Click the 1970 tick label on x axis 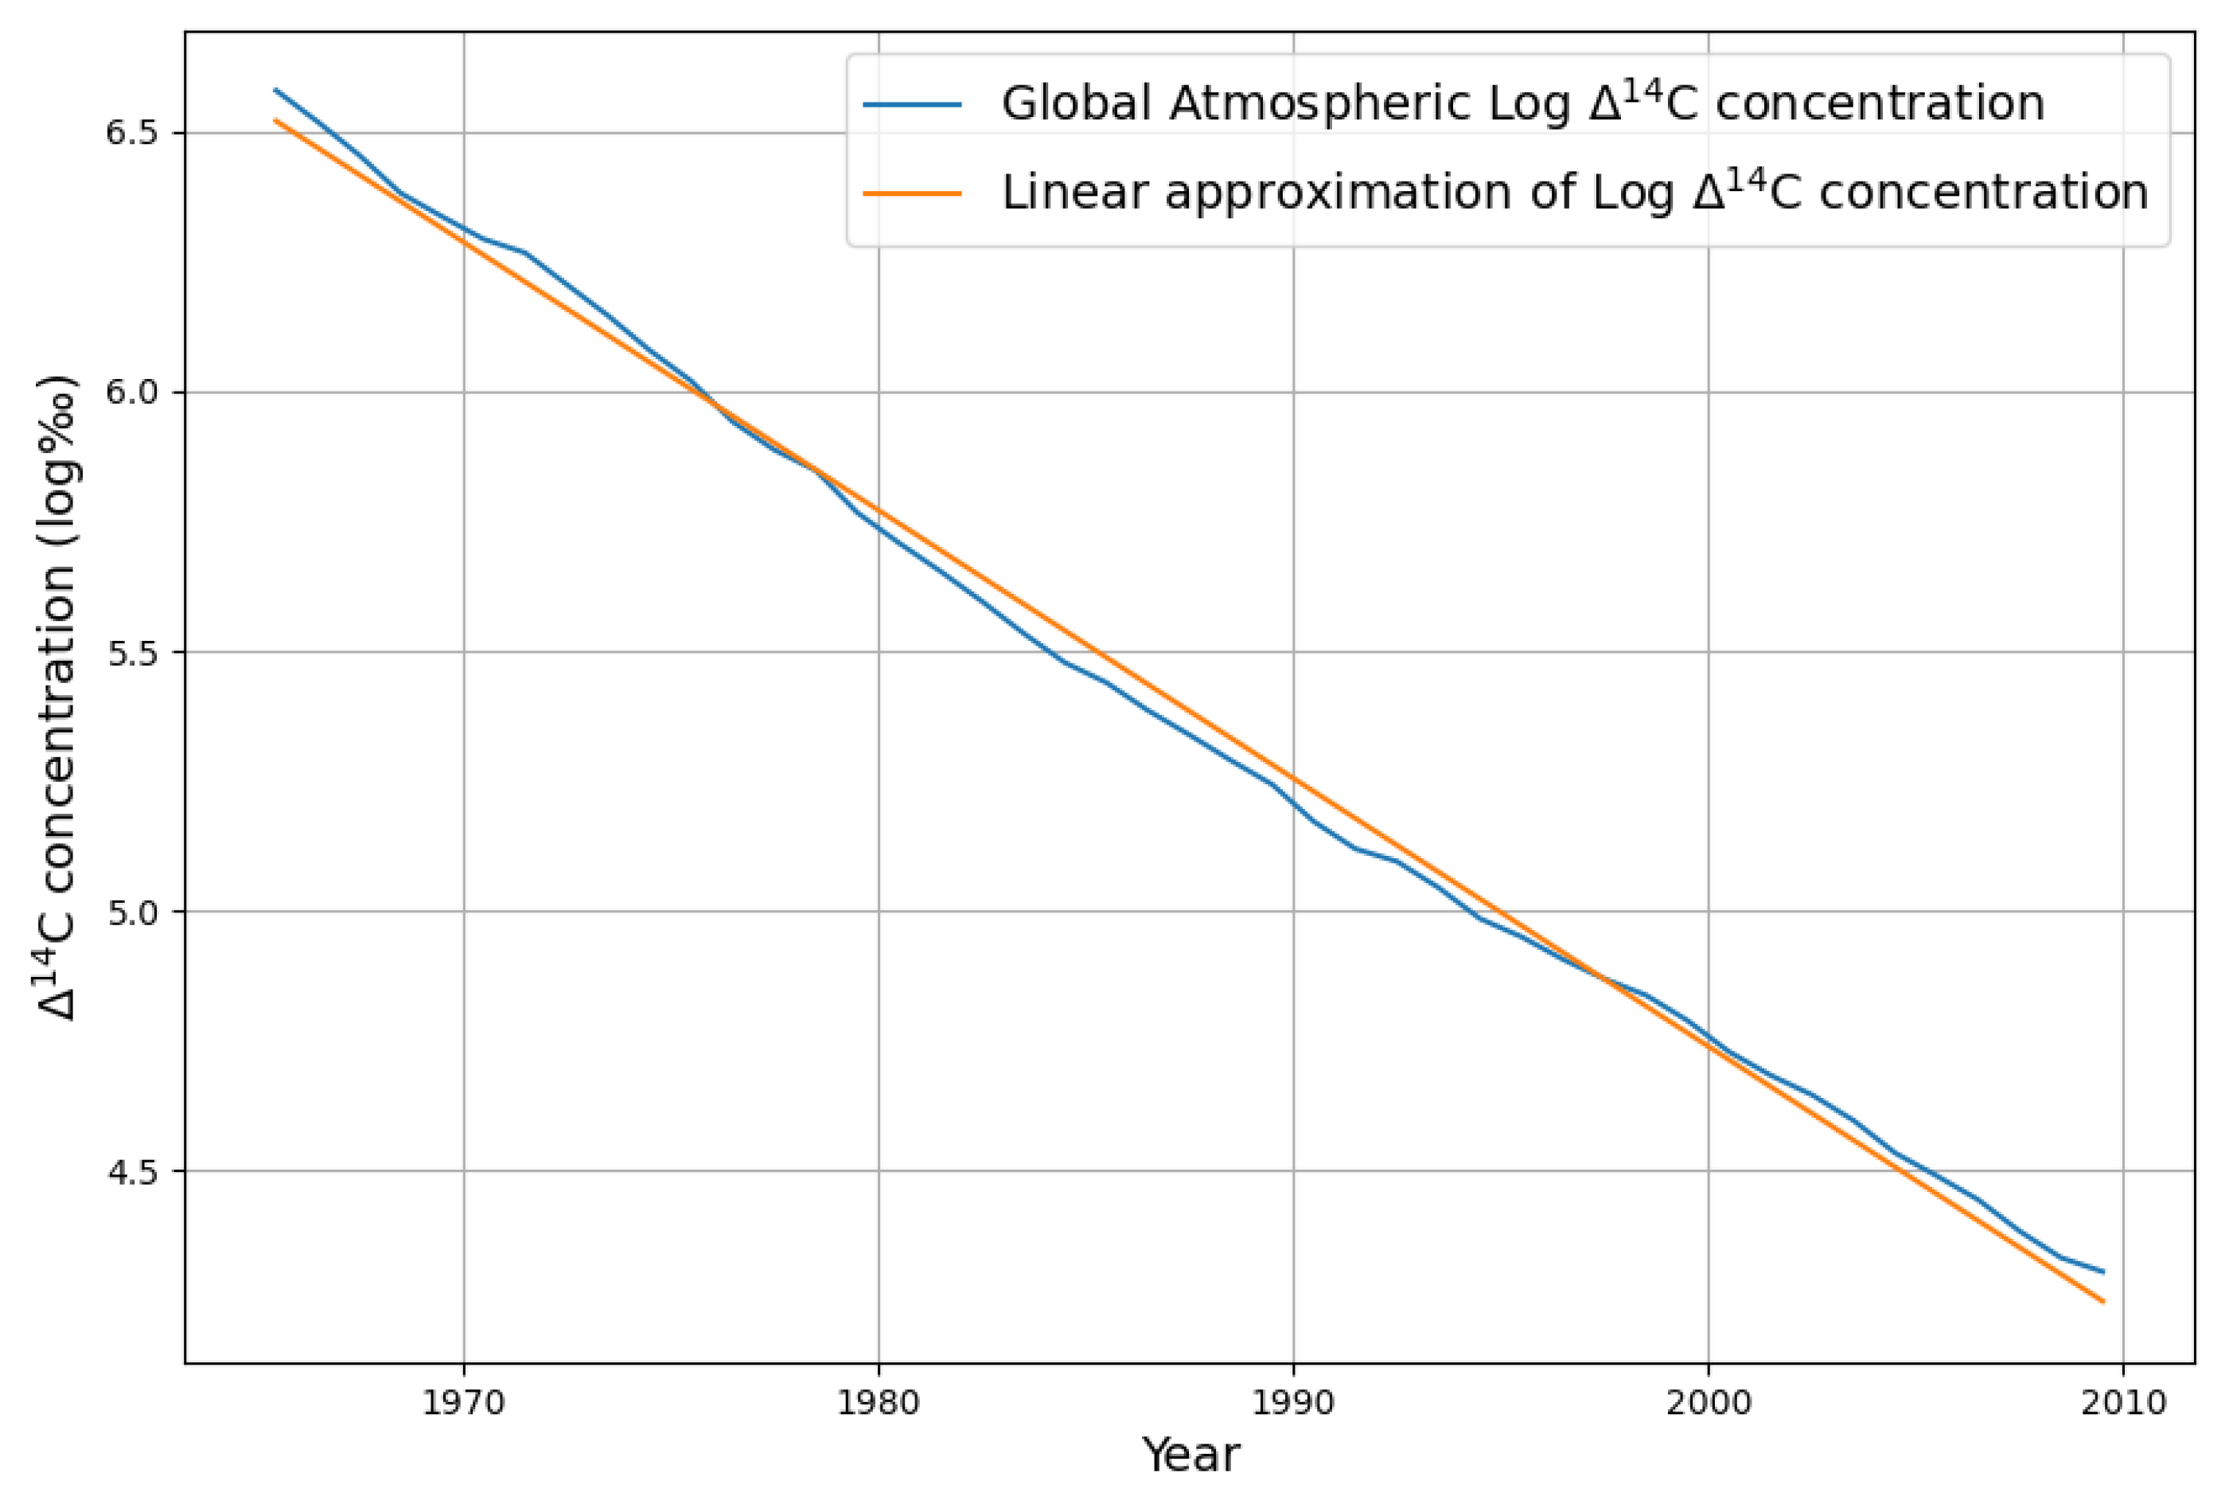463,1404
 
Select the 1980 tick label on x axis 878,1404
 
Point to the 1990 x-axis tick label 1293,1404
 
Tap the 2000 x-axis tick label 1708,1404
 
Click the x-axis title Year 1190,1455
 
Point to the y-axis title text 57,698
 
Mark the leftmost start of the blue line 275,90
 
